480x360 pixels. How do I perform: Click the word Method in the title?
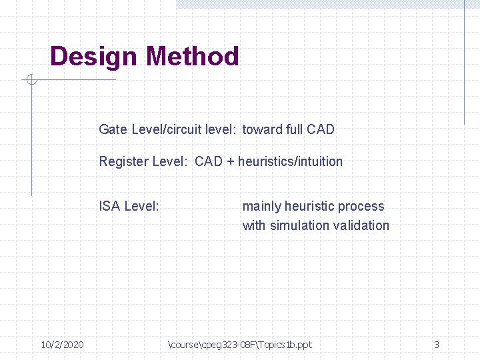pyautogui.click(x=193, y=56)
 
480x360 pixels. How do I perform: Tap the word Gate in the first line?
pyautogui.click(x=113, y=129)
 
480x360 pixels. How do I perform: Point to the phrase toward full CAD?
pyautogui.click(x=288, y=129)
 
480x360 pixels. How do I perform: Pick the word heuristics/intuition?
pyautogui.click(x=290, y=161)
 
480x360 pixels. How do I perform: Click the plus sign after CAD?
pyautogui.click(x=231, y=162)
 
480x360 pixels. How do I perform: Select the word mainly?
pyautogui.click(x=261, y=207)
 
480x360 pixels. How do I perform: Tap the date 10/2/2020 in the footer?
pyautogui.click(x=62, y=345)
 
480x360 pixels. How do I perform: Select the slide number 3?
pyautogui.click(x=437, y=345)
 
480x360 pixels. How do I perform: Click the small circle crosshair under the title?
pyautogui.click(x=31, y=81)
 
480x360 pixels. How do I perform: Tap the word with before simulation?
pyautogui.click(x=254, y=225)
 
